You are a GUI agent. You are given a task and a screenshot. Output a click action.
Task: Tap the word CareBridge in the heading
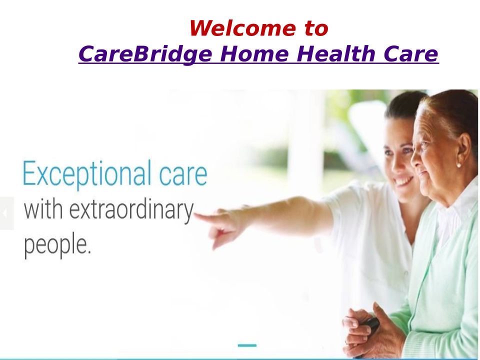coord(145,54)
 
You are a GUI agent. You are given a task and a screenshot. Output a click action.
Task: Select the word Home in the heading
coord(254,54)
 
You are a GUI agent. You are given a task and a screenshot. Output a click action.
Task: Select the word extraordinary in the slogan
coord(131,211)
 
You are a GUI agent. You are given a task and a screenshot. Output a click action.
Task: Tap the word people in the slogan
coord(57,245)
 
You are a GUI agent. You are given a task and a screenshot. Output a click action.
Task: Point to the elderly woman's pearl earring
coord(458,165)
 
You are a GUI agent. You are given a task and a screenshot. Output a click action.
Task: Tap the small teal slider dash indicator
coord(247,345)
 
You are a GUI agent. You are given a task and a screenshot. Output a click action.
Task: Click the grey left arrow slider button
coord(6,213)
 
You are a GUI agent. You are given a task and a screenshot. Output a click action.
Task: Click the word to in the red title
coord(316,29)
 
